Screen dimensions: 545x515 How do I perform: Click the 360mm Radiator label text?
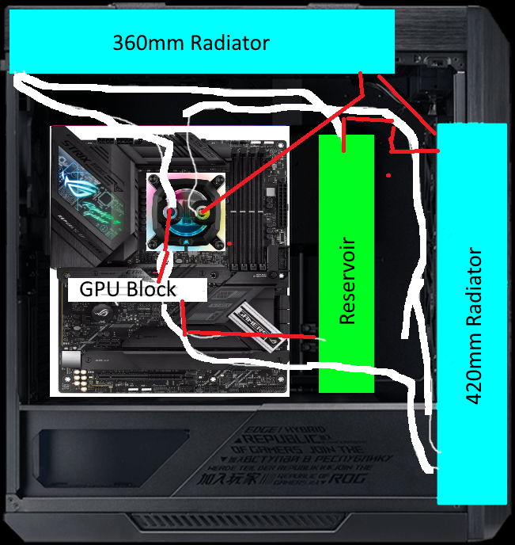[x=191, y=43]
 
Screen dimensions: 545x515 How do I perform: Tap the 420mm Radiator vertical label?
[x=475, y=326]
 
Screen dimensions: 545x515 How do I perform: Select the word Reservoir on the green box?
[x=346, y=280]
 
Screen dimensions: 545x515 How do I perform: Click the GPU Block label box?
[x=127, y=288]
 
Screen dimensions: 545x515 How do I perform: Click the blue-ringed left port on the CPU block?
[x=171, y=212]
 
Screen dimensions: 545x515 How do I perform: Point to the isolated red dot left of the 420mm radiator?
[x=388, y=174]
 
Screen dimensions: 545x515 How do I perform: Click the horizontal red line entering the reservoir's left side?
[x=253, y=336]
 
